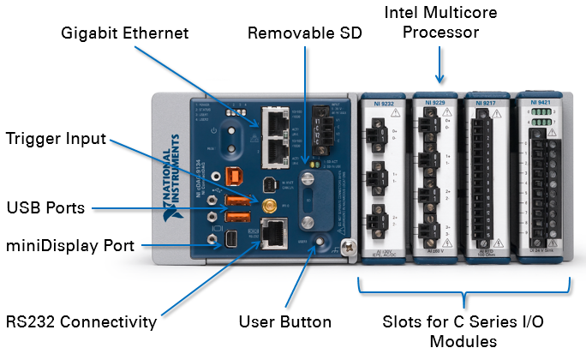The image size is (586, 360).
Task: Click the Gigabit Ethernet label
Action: pyautogui.click(x=125, y=33)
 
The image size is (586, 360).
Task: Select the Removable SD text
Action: pyautogui.click(x=305, y=33)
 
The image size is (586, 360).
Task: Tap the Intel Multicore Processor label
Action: pyautogui.click(x=441, y=22)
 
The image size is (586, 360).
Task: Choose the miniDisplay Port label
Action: pyautogui.click(x=69, y=246)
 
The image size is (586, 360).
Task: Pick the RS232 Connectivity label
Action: pyautogui.click(x=81, y=322)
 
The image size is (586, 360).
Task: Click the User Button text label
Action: pyautogui.click(x=286, y=322)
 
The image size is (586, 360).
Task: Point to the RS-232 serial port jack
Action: pyautogui.click(x=275, y=234)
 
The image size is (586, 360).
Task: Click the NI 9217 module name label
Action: pyautogui.click(x=487, y=105)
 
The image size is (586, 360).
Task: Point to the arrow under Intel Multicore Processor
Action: pyautogui.click(x=441, y=64)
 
